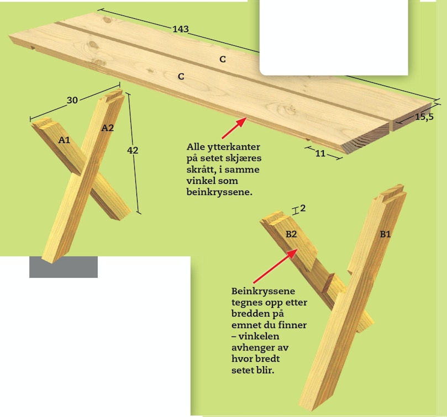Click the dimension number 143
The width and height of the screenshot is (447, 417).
coord(181,29)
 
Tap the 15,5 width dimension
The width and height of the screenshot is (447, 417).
coord(424,117)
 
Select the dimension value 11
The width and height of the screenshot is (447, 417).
coord(320,154)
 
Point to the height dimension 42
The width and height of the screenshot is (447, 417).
coord(133,150)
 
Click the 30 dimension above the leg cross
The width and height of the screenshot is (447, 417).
coord(72,100)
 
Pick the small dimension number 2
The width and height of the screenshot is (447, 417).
coord(303,208)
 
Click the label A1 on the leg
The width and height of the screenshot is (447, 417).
coord(64,140)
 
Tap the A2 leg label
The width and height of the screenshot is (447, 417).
coord(108,128)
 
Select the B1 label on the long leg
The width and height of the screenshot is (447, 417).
coord(385,234)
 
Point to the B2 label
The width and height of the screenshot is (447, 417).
coord(291,234)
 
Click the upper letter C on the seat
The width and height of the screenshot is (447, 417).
coord(223,59)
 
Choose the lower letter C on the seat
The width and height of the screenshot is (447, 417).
coord(181,76)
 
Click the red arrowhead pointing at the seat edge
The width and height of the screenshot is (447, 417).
coord(241,122)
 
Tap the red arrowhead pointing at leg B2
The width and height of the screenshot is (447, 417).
coord(293,254)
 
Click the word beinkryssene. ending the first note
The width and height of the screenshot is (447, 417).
coord(219,192)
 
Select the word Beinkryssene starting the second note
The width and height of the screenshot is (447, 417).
coord(263,291)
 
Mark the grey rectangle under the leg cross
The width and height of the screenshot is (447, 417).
coord(64,267)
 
